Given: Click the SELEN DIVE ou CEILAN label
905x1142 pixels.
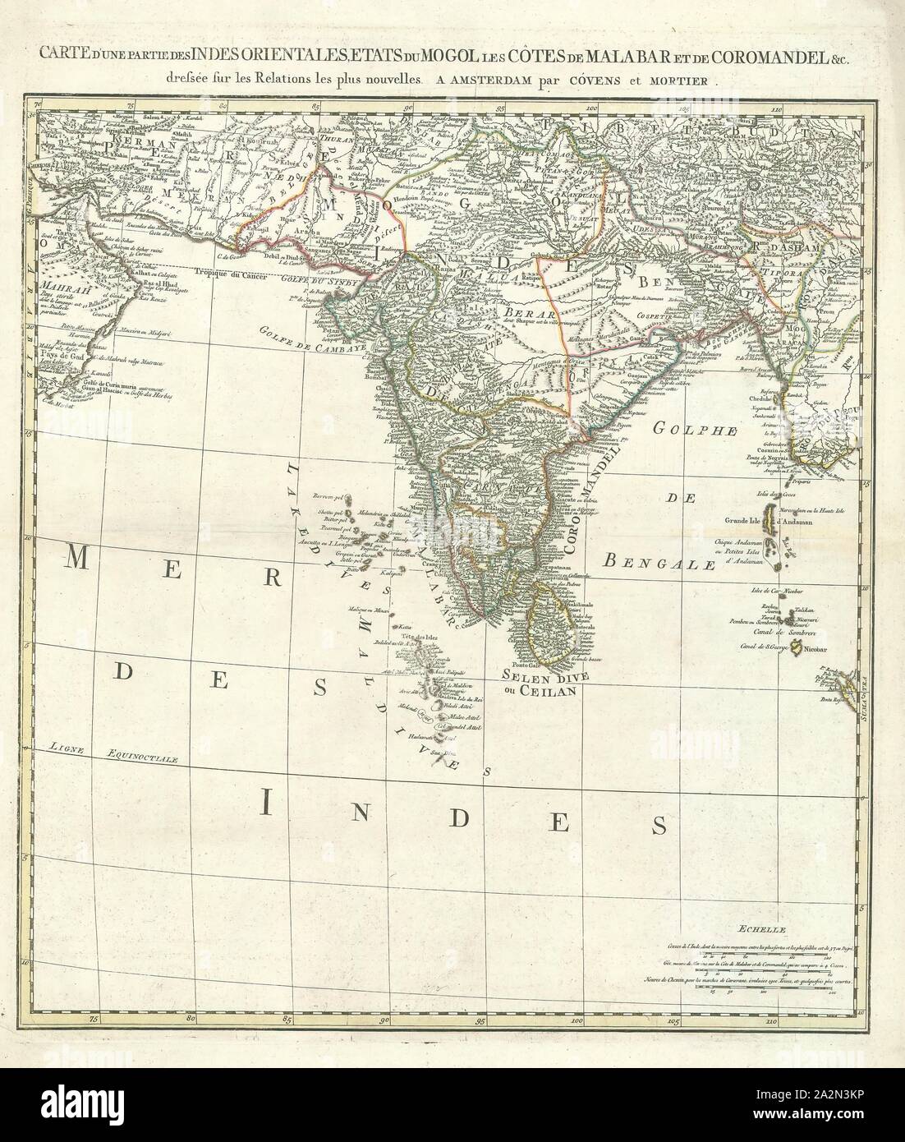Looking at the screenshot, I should [x=542, y=683].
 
